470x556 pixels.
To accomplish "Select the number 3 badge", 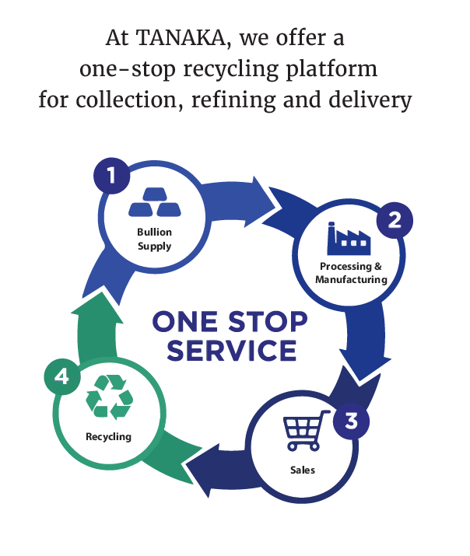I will pos(351,421).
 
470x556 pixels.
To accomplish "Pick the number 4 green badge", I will pos(62,377).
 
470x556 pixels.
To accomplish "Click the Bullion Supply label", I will pos(154,239).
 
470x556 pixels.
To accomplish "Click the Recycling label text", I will pos(108,436).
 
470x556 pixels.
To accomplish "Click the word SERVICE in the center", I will pos(232,350).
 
